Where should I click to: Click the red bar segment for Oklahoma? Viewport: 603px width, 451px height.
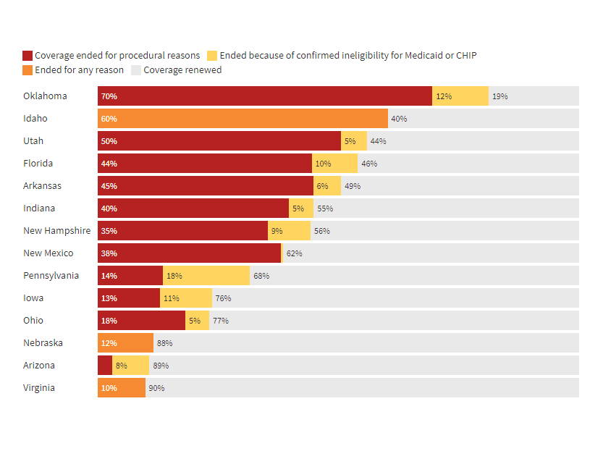pos(265,96)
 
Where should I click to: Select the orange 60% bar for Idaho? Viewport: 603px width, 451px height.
pos(243,119)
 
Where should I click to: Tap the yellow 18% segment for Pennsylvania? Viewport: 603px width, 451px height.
pos(206,276)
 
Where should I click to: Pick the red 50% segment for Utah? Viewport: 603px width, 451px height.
pos(219,141)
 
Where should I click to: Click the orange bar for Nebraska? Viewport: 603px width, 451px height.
pos(125,343)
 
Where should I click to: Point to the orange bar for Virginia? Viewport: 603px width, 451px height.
pos(122,388)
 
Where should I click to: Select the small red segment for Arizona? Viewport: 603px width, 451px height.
pos(105,366)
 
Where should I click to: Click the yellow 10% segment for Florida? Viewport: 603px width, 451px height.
pos(334,164)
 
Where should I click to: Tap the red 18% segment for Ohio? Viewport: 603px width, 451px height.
pos(141,321)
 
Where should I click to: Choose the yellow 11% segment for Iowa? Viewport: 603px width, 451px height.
pos(186,298)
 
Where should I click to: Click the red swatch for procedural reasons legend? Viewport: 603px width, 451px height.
pos(28,56)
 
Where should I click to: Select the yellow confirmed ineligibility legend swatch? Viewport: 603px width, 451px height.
pos(213,56)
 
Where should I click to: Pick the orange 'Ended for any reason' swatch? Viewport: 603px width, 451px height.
pos(28,70)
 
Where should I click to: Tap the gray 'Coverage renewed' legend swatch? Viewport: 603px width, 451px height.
pos(136,70)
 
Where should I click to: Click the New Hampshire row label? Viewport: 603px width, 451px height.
pos(56,231)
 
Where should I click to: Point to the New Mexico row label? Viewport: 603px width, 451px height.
pos(48,253)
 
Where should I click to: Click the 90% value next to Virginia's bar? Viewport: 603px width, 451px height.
pos(156,388)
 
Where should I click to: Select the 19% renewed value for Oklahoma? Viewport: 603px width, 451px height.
pos(499,96)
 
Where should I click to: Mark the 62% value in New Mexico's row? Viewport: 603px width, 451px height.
pos(294,253)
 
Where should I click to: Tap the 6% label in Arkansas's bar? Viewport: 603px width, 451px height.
pos(322,186)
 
